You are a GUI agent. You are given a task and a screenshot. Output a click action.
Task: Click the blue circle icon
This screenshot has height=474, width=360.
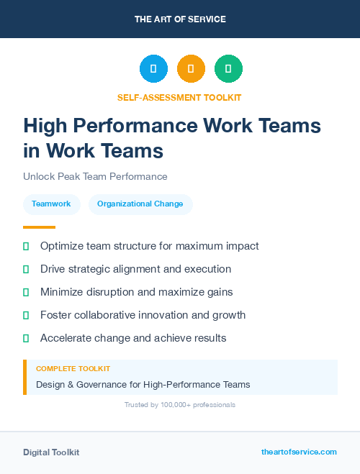click(153, 69)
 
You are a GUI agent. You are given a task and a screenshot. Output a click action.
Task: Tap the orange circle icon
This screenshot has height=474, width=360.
click(191, 69)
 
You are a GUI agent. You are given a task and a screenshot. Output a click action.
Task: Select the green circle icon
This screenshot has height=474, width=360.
click(228, 69)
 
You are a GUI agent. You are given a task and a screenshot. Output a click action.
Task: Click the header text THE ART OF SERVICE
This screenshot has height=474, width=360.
click(180, 19)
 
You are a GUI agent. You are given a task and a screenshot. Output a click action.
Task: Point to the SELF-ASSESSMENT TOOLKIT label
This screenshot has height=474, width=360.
click(179, 97)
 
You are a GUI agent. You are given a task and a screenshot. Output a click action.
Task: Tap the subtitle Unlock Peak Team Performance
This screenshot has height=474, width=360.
click(95, 176)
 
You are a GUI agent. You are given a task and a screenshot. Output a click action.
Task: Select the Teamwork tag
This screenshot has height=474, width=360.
click(51, 204)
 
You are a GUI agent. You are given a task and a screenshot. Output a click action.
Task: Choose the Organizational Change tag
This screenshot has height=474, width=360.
click(140, 204)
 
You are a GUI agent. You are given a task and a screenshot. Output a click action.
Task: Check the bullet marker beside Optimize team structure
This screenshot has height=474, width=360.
click(26, 246)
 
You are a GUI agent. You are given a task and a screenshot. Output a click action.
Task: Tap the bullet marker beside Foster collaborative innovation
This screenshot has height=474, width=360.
click(26, 315)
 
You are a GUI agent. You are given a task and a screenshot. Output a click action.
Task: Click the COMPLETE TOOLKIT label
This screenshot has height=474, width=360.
click(73, 368)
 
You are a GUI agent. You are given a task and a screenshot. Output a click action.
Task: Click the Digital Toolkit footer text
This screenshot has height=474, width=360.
click(51, 452)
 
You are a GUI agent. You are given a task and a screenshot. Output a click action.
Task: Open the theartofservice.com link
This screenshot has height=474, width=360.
click(299, 452)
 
